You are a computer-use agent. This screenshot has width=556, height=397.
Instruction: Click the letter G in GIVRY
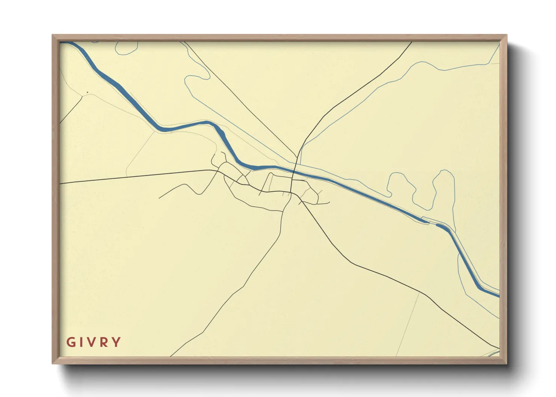(71, 342)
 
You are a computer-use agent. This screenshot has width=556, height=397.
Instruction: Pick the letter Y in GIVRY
(117, 342)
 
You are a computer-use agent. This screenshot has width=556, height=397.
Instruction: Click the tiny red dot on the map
(87, 92)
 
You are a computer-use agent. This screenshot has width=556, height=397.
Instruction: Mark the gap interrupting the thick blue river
(432, 224)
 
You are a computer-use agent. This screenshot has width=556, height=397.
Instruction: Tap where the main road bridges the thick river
(294, 172)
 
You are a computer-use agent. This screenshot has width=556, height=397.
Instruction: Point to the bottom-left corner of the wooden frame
(53, 363)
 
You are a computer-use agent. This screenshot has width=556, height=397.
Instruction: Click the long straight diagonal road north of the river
(240, 99)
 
